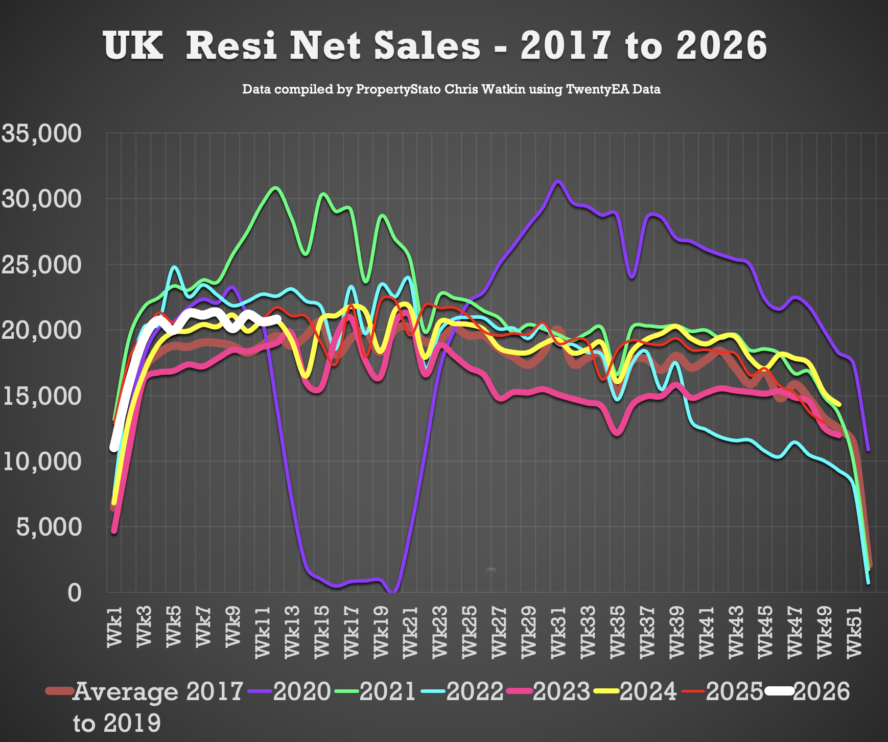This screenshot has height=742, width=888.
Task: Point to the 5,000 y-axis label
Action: [x=49, y=527]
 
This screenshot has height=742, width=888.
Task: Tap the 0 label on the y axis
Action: [x=75, y=593]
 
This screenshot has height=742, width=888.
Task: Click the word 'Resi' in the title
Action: [x=231, y=46]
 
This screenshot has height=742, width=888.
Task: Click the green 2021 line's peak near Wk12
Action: [x=275, y=188]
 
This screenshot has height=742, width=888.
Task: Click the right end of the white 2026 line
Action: [x=278, y=319]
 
